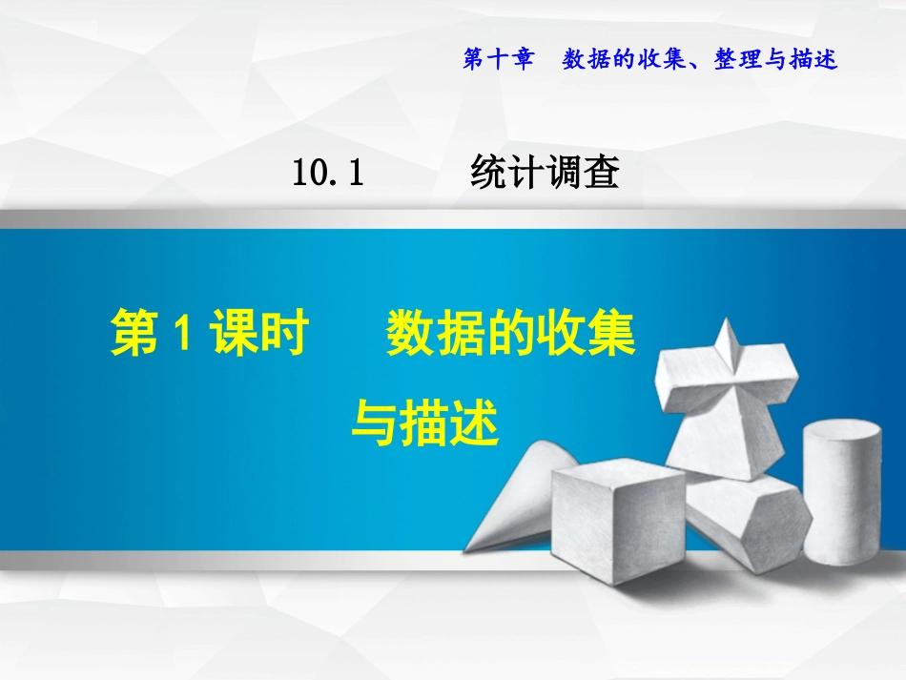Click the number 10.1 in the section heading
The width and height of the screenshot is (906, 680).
point(329,174)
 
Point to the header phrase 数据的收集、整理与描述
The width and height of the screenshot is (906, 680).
point(699,60)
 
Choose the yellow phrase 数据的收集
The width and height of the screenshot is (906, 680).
point(510,337)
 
